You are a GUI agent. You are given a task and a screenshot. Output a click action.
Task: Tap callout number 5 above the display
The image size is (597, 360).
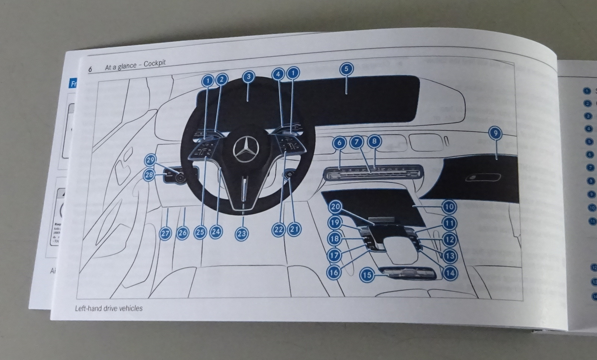346,69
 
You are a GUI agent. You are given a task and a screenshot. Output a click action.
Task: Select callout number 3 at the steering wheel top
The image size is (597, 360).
248,77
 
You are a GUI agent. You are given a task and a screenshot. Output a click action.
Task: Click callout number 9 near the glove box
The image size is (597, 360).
495,133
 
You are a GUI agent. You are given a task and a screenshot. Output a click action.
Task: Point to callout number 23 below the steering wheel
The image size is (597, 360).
242,234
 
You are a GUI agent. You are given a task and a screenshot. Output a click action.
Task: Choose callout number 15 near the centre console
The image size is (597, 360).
367,275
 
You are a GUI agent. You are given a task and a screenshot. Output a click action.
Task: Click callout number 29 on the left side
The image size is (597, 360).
150,160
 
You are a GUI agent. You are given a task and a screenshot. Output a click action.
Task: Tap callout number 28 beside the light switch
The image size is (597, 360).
149,175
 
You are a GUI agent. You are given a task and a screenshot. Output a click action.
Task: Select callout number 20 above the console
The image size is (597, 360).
335,206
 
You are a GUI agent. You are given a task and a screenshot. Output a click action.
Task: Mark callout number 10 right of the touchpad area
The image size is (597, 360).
449,206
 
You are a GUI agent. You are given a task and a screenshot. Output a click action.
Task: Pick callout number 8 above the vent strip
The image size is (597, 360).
374,141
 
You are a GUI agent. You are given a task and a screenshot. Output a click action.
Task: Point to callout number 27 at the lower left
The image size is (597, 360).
165,234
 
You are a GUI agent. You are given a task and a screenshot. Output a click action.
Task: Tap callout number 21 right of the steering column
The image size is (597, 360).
294,229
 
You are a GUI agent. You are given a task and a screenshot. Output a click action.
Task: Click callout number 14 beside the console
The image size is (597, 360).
450,273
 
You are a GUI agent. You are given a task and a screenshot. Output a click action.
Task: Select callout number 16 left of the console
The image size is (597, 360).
334,272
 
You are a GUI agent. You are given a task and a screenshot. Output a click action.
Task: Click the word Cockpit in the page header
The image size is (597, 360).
154,63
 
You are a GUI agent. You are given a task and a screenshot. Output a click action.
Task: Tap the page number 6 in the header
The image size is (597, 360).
90,69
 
